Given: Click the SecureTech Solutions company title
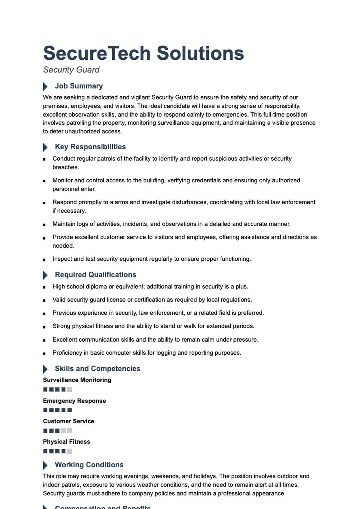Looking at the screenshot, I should point(143,53).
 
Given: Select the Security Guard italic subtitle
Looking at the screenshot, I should point(71,70).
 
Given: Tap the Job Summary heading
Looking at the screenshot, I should point(79,86).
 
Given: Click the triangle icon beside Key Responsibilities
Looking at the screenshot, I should point(45,147).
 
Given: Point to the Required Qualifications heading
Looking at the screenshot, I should point(95,275).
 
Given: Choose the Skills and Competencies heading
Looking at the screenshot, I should point(97,369).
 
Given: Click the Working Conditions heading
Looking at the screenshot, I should point(89,465).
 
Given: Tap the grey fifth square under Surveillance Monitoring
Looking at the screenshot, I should point(70,390).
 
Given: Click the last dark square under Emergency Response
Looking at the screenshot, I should point(70,410).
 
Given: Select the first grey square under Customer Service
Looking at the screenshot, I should point(64,431).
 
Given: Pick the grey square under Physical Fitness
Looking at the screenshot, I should point(70,451).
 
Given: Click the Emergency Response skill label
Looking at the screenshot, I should point(74,401).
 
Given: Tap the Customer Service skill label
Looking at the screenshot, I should point(68,421).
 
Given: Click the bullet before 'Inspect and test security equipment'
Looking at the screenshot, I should point(44,260).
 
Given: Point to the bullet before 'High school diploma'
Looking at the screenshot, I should point(44,287).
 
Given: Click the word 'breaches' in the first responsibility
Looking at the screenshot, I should point(65,167).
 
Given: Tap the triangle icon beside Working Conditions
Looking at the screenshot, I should point(45,465).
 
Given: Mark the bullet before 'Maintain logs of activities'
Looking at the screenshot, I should point(44,225).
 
